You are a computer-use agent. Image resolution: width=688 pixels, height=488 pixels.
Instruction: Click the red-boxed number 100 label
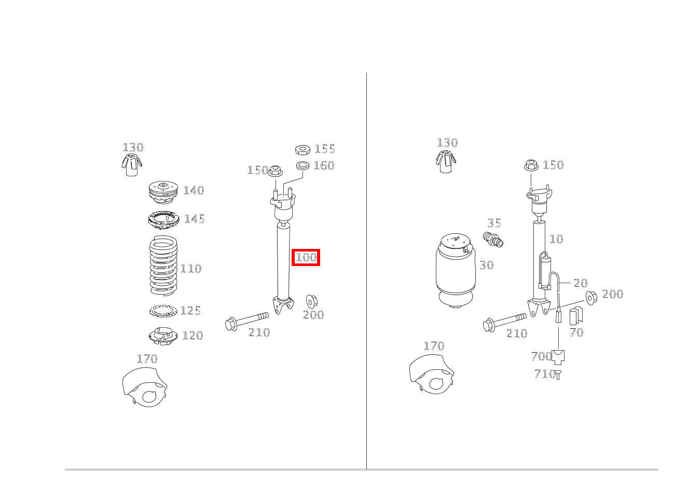click(x=306, y=257)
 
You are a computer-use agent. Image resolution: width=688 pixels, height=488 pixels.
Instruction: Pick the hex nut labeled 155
click(x=302, y=150)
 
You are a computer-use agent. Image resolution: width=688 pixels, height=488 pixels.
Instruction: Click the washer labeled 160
click(x=302, y=165)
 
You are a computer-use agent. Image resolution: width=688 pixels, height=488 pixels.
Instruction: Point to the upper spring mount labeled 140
click(x=162, y=193)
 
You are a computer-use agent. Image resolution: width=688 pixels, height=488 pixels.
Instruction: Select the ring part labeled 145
click(x=163, y=219)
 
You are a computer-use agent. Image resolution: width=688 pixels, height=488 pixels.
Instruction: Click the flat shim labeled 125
click(x=163, y=311)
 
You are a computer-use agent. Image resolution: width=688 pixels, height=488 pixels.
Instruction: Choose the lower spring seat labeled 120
click(x=163, y=336)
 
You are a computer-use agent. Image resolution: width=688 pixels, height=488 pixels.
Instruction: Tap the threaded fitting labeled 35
click(x=493, y=240)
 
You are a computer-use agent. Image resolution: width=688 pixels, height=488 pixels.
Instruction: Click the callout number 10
click(x=556, y=239)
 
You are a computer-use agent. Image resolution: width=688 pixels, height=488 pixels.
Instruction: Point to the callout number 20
click(x=581, y=283)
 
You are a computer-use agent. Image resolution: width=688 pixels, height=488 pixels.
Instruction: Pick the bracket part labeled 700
click(x=558, y=357)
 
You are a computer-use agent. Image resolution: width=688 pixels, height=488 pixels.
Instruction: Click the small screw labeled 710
click(x=558, y=374)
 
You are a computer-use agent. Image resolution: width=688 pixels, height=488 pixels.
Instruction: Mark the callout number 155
click(x=325, y=149)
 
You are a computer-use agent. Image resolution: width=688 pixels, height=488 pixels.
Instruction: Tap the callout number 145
click(x=195, y=219)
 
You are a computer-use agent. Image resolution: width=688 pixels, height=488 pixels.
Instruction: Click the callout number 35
click(x=494, y=224)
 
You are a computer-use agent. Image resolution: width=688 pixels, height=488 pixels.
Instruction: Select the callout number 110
click(x=191, y=269)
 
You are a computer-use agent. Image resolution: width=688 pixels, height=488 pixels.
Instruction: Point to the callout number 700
click(x=541, y=356)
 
